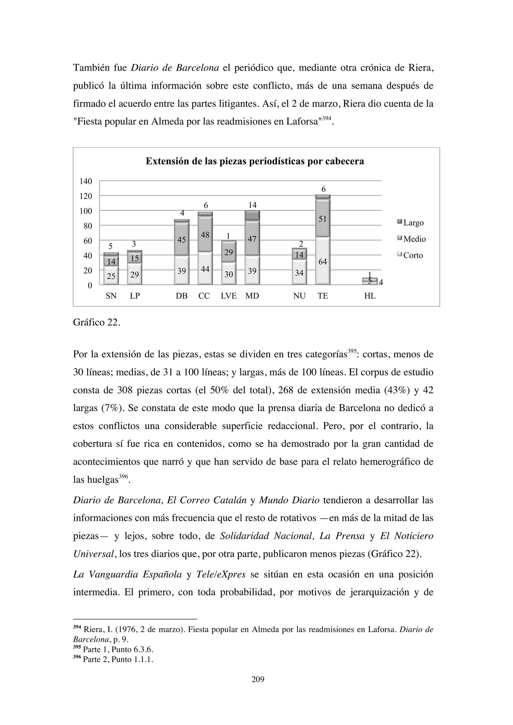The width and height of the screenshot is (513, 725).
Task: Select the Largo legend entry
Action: pos(411,223)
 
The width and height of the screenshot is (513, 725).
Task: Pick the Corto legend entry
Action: pos(410,255)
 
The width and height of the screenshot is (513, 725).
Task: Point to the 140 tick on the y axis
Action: pos(86,181)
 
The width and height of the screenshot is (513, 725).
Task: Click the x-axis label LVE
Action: pos(228,296)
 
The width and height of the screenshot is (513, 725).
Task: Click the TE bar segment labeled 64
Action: pos(323,261)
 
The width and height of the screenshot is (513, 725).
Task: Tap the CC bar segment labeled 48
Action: pos(205,235)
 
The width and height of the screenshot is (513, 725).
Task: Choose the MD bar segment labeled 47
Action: pos(252,239)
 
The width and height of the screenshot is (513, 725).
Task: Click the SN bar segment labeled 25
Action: pos(111,276)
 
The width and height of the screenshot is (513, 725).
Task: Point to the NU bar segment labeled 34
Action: pos(299,273)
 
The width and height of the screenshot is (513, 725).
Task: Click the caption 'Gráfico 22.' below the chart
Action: pos(96,322)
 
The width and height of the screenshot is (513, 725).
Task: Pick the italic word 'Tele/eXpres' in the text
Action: pos(221,574)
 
